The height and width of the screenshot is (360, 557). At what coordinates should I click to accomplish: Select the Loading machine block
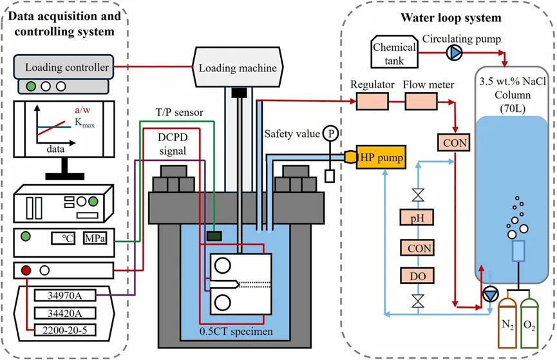(x=238, y=68)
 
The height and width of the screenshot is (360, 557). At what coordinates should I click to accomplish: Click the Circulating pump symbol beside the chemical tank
(x=456, y=52)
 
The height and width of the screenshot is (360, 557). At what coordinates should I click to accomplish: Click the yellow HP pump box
(x=382, y=158)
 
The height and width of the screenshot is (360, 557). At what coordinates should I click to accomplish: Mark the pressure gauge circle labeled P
(x=331, y=133)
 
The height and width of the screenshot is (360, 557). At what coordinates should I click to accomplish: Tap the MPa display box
(x=93, y=238)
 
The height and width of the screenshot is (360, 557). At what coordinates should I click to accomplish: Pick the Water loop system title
(x=450, y=18)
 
